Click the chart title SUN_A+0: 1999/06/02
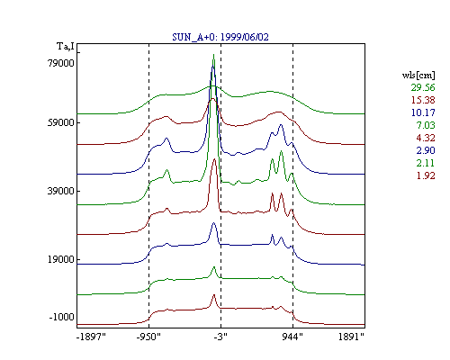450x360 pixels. pyautogui.click(x=220, y=37)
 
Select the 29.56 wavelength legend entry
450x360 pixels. pyautogui.click(x=423, y=87)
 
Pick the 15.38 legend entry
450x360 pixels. pyautogui.click(x=423, y=100)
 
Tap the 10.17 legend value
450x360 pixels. pyautogui.click(x=423, y=112)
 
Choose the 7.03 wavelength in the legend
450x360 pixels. pyautogui.click(x=426, y=125)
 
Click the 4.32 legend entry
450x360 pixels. pyautogui.click(x=426, y=138)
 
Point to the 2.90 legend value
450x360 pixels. pyautogui.click(x=426, y=150)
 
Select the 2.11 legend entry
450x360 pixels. pyautogui.click(x=426, y=163)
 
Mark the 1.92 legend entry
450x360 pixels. pyautogui.click(x=426, y=175)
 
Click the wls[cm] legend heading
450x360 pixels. pyautogui.click(x=418, y=76)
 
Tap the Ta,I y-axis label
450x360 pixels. pyautogui.click(x=66, y=47)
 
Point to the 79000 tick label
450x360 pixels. pyautogui.click(x=61, y=63)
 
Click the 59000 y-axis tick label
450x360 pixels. pyautogui.click(x=61, y=122)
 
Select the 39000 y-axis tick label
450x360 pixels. pyautogui.click(x=61, y=191)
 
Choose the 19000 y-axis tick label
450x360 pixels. pyautogui.click(x=61, y=259)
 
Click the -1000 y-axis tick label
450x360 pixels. pyautogui.click(x=61, y=317)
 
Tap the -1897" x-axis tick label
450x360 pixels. pyautogui.click(x=92, y=337)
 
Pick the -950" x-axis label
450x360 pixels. pyautogui.click(x=148, y=337)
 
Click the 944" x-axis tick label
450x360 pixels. pyautogui.click(x=292, y=337)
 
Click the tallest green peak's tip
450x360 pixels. pyautogui.click(x=213, y=54)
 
